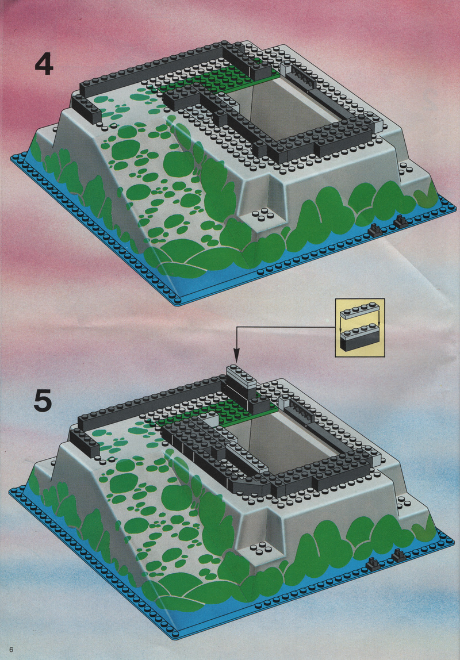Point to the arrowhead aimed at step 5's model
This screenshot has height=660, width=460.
pyautogui.click(x=236, y=356)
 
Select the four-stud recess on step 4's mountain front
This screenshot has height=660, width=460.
pyautogui.click(x=261, y=216)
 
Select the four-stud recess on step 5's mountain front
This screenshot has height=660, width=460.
pyautogui.click(x=260, y=547)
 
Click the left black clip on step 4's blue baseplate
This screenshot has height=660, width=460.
pyautogui.click(x=374, y=229)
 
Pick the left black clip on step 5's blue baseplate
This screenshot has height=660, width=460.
pyautogui.click(x=372, y=563)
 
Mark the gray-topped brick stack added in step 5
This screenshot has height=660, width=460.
pyautogui.click(x=241, y=382)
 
